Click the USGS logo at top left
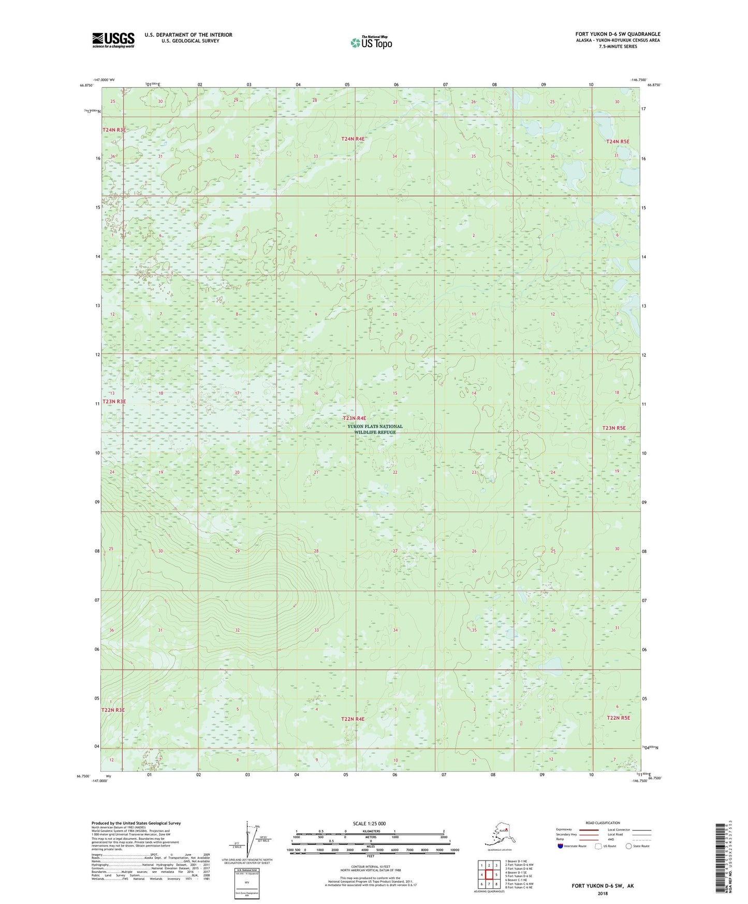[113, 40]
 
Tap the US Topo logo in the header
[371, 42]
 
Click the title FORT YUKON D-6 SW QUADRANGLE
[618, 34]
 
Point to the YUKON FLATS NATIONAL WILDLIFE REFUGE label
[375, 429]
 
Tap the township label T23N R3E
[114, 401]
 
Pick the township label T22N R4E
[353, 719]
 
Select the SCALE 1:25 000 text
[370, 824]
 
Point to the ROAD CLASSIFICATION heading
[603, 823]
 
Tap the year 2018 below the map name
[603, 894]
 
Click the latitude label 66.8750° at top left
[87, 85]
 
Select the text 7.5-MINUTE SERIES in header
[618, 47]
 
